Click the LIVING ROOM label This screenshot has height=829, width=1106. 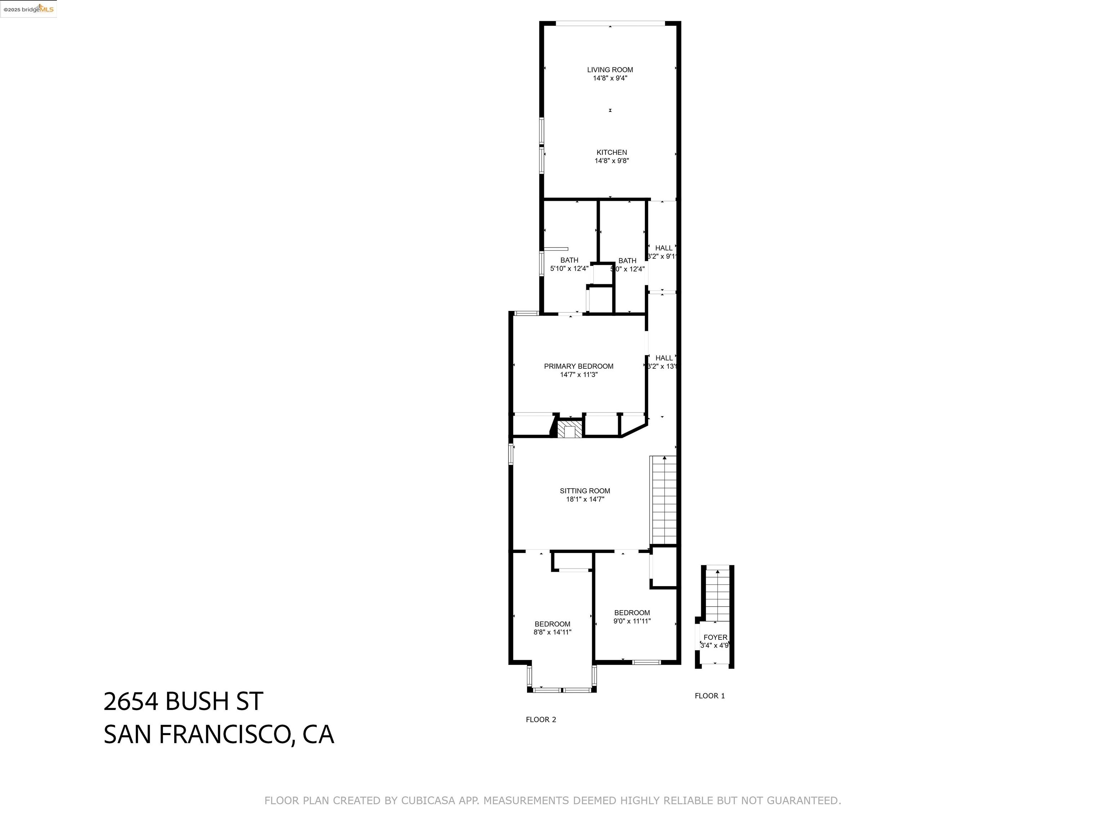point(610,70)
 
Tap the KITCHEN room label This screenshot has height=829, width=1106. point(611,153)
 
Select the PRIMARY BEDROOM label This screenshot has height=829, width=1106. point(579,366)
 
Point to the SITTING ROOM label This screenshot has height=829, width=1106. point(584,491)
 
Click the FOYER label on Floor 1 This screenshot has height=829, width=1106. point(715,637)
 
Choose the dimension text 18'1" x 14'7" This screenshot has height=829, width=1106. point(584,499)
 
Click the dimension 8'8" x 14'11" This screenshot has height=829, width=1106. point(552,632)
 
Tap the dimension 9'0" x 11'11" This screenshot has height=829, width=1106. point(631,621)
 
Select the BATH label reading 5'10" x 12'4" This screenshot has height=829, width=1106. point(569,261)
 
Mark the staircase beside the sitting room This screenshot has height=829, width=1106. point(663,500)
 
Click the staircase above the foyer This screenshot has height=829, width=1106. point(717,595)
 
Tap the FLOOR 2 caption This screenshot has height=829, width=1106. point(540,720)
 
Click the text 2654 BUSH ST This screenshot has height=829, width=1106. point(183,702)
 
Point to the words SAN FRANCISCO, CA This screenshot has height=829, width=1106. point(219,735)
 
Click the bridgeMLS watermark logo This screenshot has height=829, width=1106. point(28,9)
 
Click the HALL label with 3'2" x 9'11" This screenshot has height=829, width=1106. point(664,248)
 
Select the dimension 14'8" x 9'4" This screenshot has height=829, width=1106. point(610,78)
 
